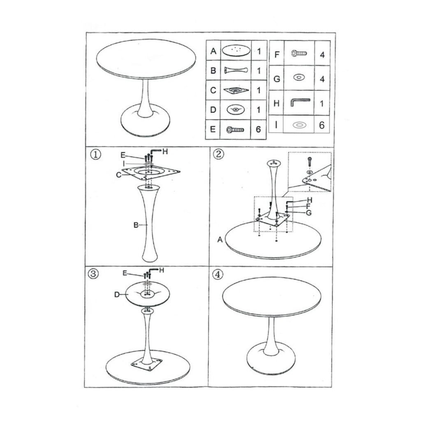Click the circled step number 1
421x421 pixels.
pyautogui.click(x=96, y=155)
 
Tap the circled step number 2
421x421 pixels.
pyautogui.click(x=218, y=154)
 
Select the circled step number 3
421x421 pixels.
pyautogui.click(x=93, y=274)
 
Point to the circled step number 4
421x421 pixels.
pyautogui.click(x=217, y=274)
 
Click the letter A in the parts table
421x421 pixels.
pyautogui.click(x=213, y=51)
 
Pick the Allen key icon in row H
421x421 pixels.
pyautogui.click(x=300, y=102)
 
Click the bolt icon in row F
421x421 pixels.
pyautogui.click(x=299, y=53)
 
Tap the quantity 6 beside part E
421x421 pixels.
pyautogui.click(x=258, y=130)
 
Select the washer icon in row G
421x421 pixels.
pyautogui.click(x=299, y=77)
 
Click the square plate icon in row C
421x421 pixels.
pyautogui.click(x=236, y=90)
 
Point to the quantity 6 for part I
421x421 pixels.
pyautogui.click(x=322, y=125)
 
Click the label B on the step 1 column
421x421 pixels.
pyautogui.click(x=136, y=225)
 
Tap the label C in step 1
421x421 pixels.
pyautogui.click(x=119, y=175)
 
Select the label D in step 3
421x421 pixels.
pyautogui.click(x=117, y=294)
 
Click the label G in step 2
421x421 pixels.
pyautogui.click(x=309, y=213)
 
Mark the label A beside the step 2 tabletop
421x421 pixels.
pyautogui.click(x=220, y=239)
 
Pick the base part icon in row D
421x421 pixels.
pyautogui.click(x=236, y=109)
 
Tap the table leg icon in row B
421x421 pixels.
pyautogui.click(x=236, y=70)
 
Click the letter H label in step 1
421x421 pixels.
pyautogui.click(x=165, y=152)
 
